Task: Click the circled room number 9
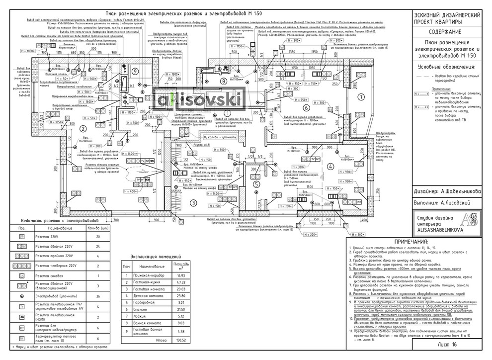(135, 71)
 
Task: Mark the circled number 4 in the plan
(330, 167)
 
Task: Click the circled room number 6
(307, 107)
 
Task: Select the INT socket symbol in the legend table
(22, 328)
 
